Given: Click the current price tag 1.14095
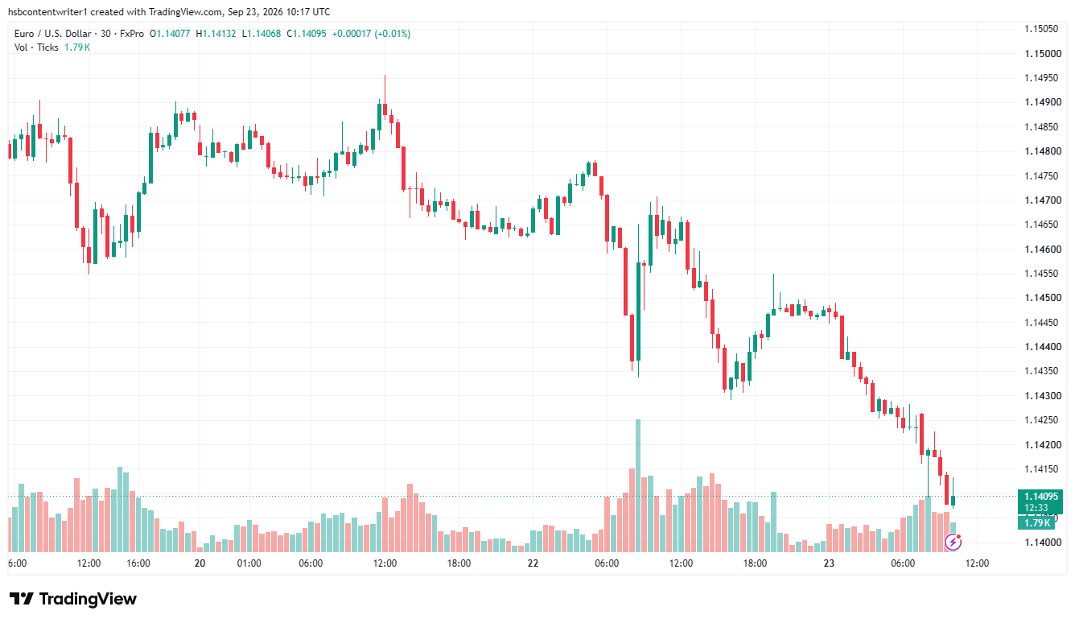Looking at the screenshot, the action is click(1041, 497).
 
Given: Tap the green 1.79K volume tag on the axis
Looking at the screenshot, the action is click(1036, 522).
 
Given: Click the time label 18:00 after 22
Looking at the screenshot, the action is click(755, 563).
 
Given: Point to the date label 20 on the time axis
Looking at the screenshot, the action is click(200, 563).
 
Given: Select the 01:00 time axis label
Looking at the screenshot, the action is click(249, 563).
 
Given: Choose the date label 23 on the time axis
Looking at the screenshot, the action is click(829, 563).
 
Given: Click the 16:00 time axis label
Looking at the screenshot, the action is click(138, 563).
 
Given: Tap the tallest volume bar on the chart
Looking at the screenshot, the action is click(638, 485).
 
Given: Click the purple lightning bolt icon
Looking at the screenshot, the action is click(953, 542).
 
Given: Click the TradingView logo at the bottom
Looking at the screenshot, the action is click(73, 599).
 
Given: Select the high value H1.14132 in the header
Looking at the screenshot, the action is click(216, 34).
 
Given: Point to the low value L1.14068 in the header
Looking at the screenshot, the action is click(261, 34).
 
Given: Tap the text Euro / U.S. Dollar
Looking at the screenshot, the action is click(53, 34).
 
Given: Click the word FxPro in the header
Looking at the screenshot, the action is click(131, 34).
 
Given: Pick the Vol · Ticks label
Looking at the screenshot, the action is click(36, 47).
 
